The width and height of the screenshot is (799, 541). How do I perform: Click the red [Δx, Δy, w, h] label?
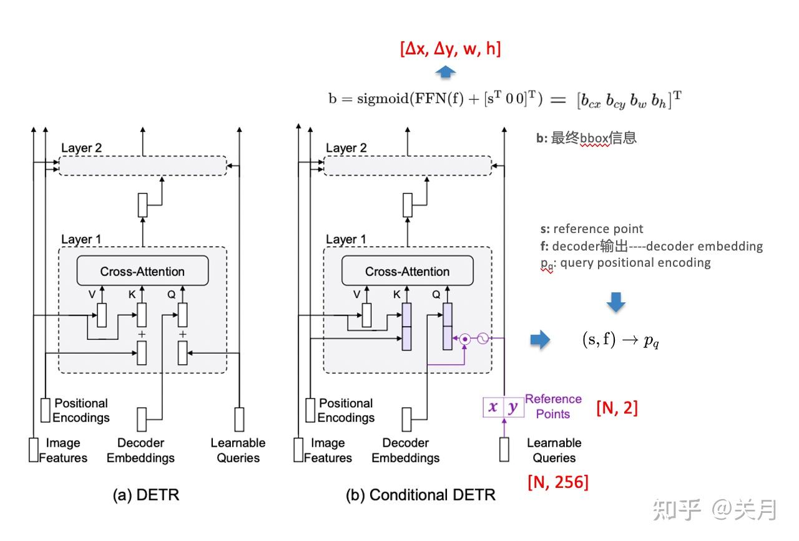click(x=451, y=48)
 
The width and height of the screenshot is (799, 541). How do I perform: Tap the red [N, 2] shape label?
click(x=617, y=408)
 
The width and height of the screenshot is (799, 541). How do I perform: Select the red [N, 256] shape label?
click(x=557, y=482)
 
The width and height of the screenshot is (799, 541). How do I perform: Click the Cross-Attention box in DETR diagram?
click(x=142, y=271)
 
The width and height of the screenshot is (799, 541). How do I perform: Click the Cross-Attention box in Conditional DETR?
click(x=407, y=271)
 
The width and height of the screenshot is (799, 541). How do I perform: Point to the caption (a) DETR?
click(x=145, y=495)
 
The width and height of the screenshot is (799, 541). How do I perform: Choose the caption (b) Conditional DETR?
click(x=420, y=495)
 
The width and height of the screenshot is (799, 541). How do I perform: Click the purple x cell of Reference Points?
click(x=493, y=407)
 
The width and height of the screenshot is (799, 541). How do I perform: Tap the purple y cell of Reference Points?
click(x=512, y=407)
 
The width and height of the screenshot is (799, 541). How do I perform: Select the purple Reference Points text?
click(x=553, y=406)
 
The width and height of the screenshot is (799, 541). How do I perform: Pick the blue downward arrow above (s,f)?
click(x=616, y=302)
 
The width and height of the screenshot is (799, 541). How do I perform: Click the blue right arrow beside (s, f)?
click(x=540, y=340)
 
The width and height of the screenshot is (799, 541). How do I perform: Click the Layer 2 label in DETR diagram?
click(x=81, y=148)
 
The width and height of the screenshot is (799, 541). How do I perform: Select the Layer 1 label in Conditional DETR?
click(x=346, y=239)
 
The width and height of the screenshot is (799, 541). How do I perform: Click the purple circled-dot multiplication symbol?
click(x=465, y=339)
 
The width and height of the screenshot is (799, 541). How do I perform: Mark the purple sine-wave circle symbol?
click(x=483, y=339)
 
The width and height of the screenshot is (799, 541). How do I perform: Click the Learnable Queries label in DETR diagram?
click(x=238, y=450)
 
